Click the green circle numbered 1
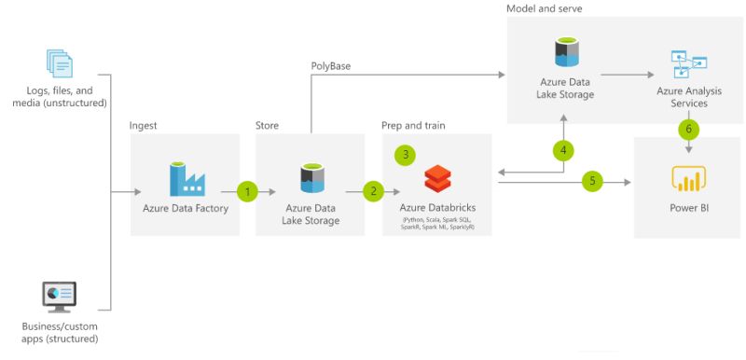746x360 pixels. click(x=247, y=191)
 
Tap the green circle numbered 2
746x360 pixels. click(x=374, y=191)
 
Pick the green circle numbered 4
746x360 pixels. click(x=562, y=149)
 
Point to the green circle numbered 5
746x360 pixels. click(x=591, y=181)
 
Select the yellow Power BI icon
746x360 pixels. click(x=688, y=177)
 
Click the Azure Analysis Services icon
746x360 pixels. click(x=688, y=64)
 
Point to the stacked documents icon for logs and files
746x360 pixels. click(x=60, y=63)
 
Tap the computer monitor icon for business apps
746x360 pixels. click(x=60, y=297)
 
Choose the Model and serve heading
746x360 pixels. click(x=545, y=8)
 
